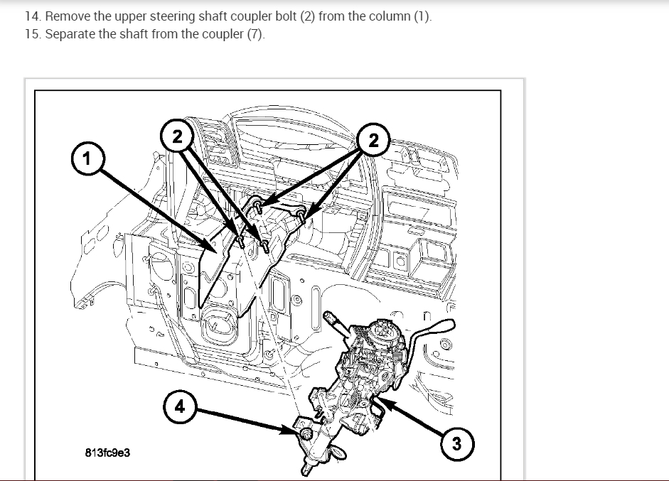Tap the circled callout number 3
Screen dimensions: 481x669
tap(456, 444)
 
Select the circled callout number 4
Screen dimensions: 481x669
tap(179, 406)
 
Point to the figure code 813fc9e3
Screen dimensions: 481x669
tap(107, 452)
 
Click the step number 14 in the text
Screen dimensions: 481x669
tap(31, 16)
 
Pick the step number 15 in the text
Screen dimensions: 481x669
tap(31, 34)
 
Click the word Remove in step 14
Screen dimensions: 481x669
tap(66, 16)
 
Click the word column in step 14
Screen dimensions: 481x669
tap(390, 16)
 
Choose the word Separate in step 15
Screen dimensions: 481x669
tap(70, 34)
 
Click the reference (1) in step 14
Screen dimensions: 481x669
tap(422, 16)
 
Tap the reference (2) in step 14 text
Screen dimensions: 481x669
tap(326, 16)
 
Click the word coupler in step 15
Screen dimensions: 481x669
tap(223, 34)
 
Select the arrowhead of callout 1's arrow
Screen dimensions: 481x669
tap(215, 249)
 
